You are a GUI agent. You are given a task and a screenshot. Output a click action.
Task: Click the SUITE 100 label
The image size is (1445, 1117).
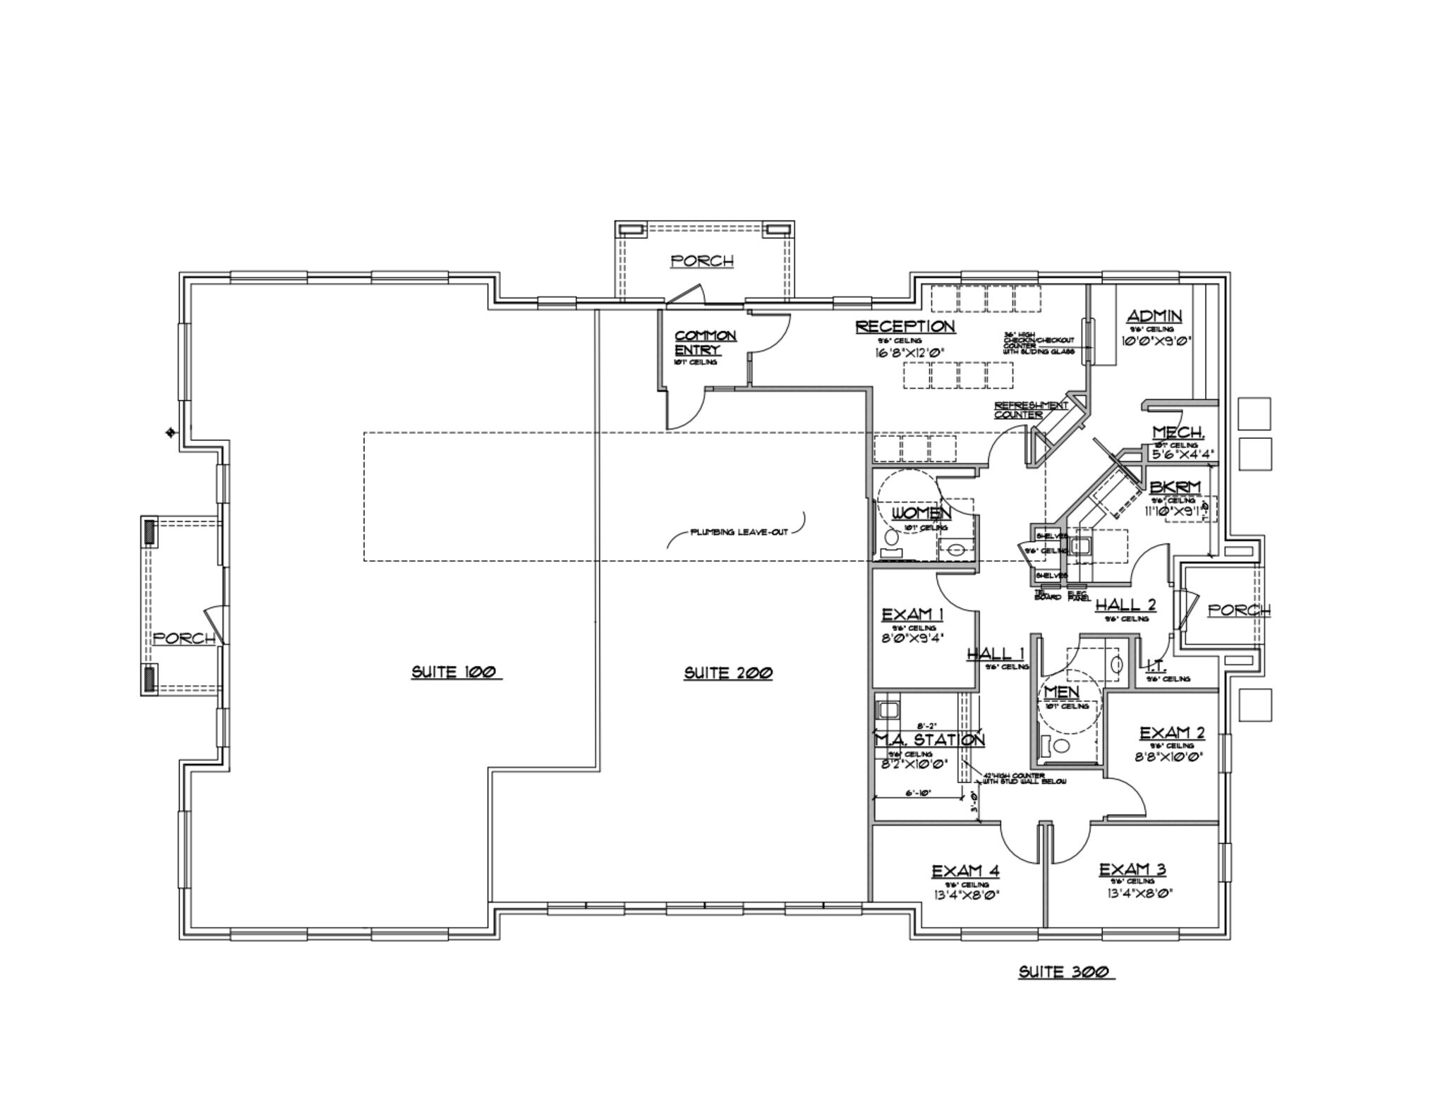click(456, 672)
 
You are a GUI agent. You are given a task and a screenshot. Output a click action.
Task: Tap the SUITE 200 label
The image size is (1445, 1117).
click(728, 673)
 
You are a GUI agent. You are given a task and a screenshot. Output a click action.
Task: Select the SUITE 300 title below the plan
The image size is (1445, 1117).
click(1066, 972)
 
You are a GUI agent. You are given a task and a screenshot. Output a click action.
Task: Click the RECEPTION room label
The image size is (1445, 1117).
click(905, 327)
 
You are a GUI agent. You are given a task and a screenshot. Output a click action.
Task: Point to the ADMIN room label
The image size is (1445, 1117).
click(1154, 316)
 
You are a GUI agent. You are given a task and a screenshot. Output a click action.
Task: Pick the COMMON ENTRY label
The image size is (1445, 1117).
click(704, 343)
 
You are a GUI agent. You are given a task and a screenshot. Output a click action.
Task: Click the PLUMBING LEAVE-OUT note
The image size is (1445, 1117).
click(739, 532)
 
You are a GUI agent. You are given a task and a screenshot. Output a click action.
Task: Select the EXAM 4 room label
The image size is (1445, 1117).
click(965, 871)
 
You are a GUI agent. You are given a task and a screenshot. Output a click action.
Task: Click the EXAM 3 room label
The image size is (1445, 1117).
click(1132, 869)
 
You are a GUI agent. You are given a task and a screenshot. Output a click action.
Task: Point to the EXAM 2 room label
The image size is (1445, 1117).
click(1172, 734)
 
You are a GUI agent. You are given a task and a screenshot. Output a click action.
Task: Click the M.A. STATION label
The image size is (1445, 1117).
click(929, 740)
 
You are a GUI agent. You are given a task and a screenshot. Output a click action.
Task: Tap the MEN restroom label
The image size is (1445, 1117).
click(1062, 692)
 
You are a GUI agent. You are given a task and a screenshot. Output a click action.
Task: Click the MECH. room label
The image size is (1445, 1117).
click(1178, 433)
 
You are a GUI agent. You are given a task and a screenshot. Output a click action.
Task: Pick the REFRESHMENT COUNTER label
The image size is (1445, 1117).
click(1031, 410)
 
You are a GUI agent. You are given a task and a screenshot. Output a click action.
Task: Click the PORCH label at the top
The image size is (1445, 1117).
click(702, 261)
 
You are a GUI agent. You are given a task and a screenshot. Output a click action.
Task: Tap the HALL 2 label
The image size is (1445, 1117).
click(1125, 605)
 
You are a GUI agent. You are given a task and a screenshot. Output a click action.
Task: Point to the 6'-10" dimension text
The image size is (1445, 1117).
click(918, 793)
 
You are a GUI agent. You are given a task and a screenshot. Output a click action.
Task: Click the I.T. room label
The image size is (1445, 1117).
click(1154, 665)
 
